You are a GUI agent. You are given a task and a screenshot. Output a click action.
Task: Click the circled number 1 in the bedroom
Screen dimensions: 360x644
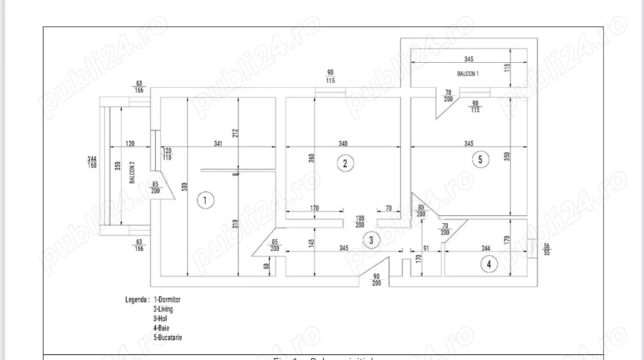[204, 200]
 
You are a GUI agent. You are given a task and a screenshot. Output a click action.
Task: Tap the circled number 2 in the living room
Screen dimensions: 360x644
[346, 163]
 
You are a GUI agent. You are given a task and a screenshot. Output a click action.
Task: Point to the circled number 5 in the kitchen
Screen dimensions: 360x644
[479, 160]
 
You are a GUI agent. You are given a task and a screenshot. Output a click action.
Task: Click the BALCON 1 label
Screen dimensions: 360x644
[468, 74]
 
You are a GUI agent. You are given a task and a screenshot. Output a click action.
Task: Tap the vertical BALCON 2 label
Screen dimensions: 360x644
[132, 173]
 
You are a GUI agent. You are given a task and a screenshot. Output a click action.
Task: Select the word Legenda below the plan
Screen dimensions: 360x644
[137, 300]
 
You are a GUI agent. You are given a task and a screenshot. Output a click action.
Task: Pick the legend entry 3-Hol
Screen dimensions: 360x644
[163, 318]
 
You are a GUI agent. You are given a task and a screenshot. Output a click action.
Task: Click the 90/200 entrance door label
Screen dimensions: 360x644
[377, 280]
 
